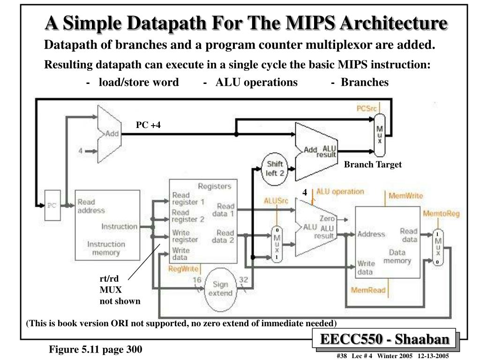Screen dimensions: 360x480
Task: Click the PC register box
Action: [x=52, y=205]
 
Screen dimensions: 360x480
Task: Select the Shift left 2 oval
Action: [x=275, y=168]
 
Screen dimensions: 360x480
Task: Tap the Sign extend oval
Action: [x=220, y=288]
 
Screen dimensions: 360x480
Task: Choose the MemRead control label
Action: [x=368, y=290]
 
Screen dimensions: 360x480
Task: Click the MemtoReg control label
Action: [x=441, y=214]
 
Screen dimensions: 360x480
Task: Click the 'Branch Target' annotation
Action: [x=373, y=165]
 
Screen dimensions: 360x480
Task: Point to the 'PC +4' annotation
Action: [x=149, y=125]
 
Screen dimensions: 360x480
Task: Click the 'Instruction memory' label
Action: [x=106, y=248]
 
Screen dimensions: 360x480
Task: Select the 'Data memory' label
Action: [x=397, y=256]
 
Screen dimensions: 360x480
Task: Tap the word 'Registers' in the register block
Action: [x=215, y=186]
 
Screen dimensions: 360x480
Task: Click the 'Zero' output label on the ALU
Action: [x=327, y=218]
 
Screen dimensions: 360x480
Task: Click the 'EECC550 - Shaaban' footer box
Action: [x=384, y=338]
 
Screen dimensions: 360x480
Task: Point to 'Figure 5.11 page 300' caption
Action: [x=96, y=349]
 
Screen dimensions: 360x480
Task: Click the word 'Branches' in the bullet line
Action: [x=365, y=82]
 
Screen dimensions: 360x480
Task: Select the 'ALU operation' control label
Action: [x=340, y=192]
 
